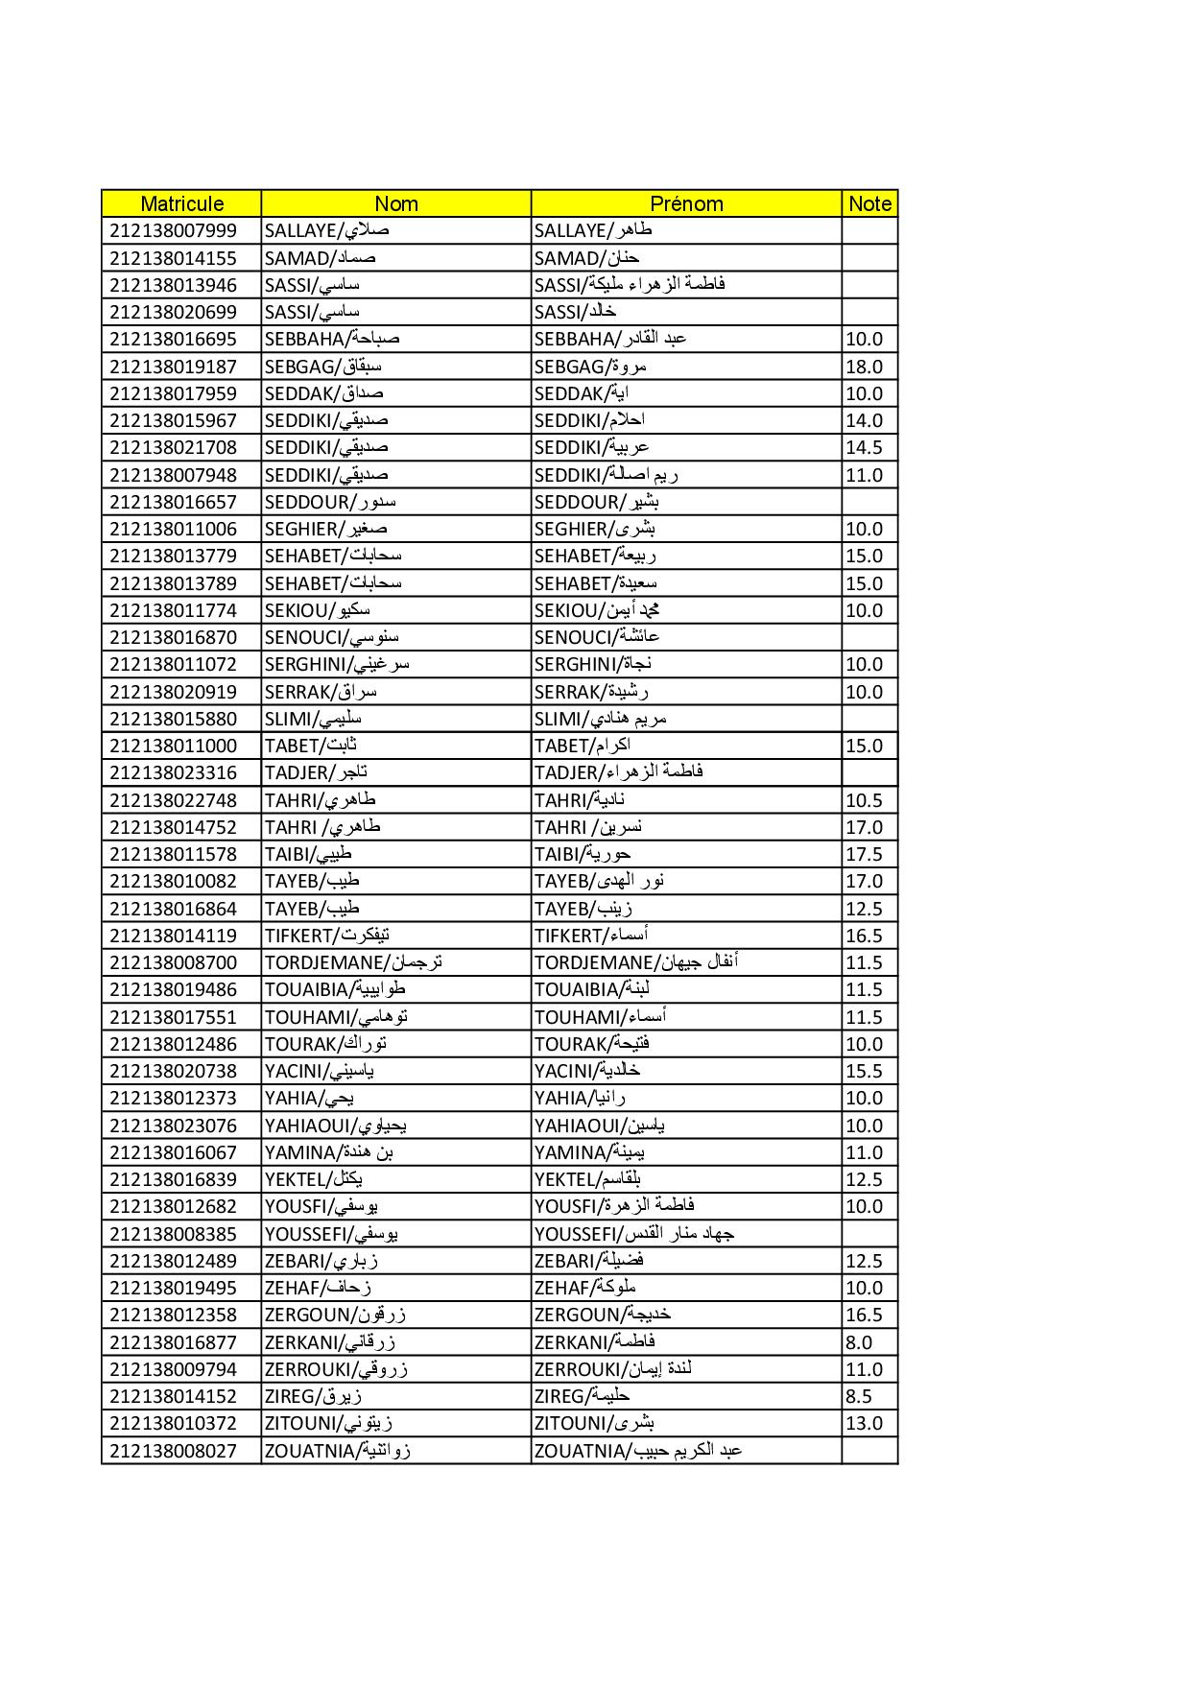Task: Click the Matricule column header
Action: (x=181, y=203)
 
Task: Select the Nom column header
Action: (x=395, y=203)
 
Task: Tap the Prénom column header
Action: (x=686, y=203)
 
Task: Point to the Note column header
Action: (x=869, y=203)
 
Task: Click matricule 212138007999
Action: (x=173, y=230)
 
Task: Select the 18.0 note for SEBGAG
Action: (x=864, y=367)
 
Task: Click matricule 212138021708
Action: (x=173, y=447)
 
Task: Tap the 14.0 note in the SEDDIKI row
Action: (x=864, y=420)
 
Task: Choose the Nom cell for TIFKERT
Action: (x=327, y=936)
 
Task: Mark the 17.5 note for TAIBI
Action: (x=864, y=854)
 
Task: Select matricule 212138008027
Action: (x=173, y=1451)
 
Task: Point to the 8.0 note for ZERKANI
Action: (x=859, y=1342)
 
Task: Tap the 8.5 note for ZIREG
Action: (x=859, y=1396)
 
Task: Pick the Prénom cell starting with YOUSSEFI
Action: (x=634, y=1234)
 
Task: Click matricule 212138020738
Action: (x=173, y=1071)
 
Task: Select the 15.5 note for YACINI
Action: (x=864, y=1071)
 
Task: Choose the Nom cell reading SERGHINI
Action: (x=337, y=664)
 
